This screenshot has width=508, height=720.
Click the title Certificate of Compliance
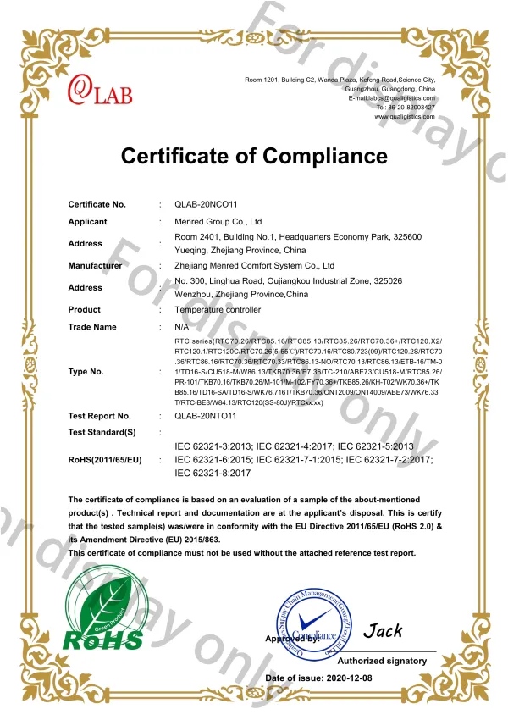(254, 156)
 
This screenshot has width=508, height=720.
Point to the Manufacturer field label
(95, 265)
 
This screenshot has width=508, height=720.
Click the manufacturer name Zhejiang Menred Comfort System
(255, 265)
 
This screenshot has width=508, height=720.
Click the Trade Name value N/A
(181, 326)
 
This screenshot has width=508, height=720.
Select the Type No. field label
(86, 371)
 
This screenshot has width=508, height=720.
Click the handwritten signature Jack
(383, 631)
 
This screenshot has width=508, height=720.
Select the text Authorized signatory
(382, 660)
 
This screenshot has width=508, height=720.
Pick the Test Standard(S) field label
(102, 432)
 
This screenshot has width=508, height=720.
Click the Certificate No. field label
(97, 204)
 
